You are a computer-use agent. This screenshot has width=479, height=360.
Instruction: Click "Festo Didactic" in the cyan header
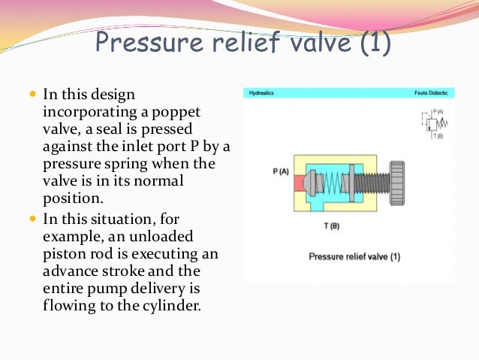point(430,94)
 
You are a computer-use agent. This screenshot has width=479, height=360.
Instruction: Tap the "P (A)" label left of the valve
point(281,172)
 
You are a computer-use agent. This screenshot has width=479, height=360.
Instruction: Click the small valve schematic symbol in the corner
point(433,123)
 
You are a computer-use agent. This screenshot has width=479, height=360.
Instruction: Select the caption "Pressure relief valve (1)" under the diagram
point(354,256)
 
